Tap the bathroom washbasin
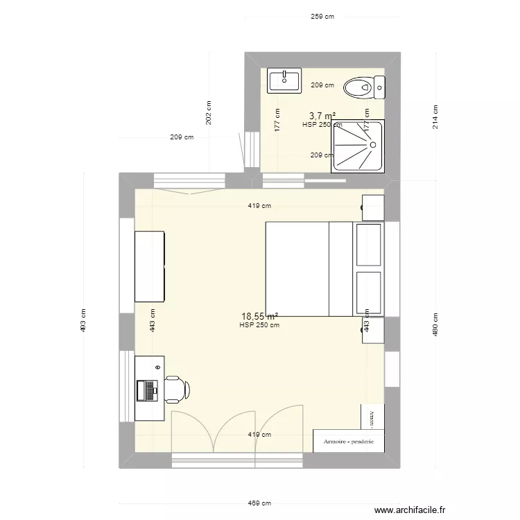[284, 80]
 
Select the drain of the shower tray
[373, 144]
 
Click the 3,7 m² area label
[322, 116]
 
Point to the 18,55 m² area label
[260, 316]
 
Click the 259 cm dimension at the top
[322, 17]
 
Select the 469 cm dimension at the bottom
[261, 504]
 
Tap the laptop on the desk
[148, 391]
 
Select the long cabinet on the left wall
[150, 266]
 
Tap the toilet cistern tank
[379, 87]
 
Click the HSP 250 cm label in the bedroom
[259, 325]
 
